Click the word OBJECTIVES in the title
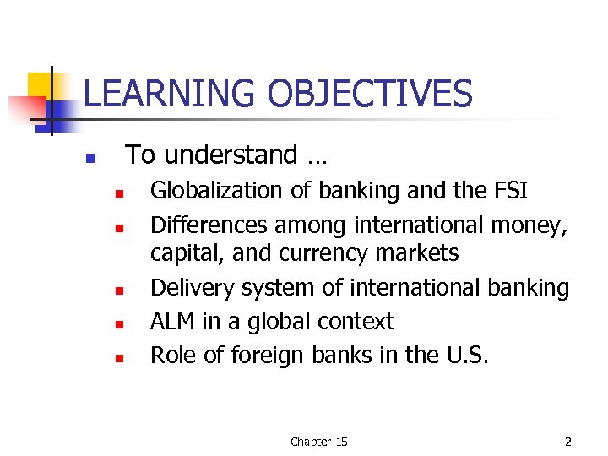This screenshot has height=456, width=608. tap(370, 94)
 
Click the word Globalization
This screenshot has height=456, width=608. tap(217, 191)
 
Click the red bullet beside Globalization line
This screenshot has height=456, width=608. tap(120, 194)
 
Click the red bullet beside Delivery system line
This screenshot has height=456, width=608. tap(120, 291)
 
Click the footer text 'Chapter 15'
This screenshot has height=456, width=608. tap(318, 442)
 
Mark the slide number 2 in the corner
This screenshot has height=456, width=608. tap(568, 442)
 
